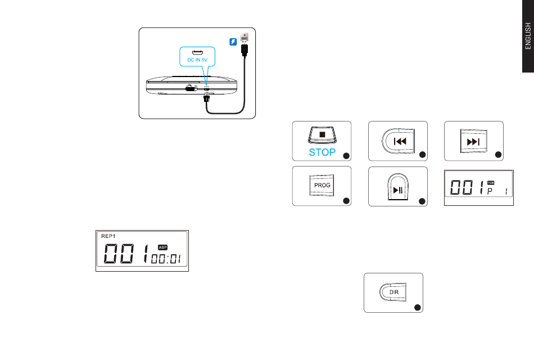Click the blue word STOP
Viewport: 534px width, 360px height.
point(322,151)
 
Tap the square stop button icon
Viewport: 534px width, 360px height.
point(322,135)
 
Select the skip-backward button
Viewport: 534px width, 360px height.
point(400,141)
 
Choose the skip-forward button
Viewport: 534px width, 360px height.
point(473,141)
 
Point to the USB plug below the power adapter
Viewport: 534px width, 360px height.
point(245,51)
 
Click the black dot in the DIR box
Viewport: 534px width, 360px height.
point(417,307)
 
